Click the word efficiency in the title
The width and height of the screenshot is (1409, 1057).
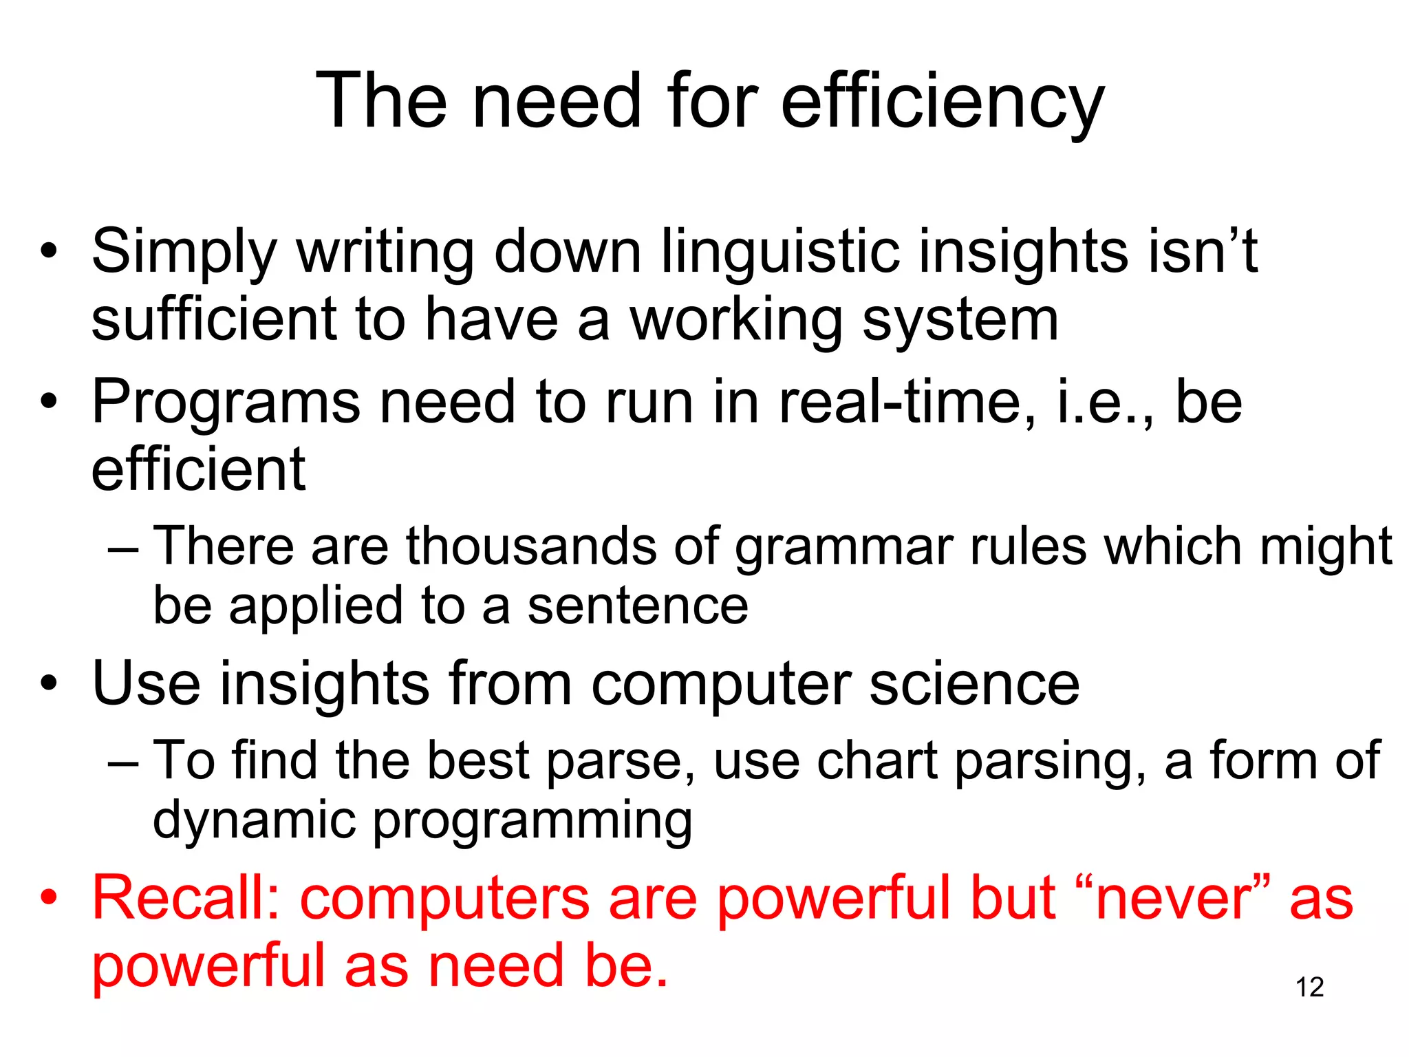click(942, 102)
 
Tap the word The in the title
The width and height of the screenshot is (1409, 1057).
click(381, 102)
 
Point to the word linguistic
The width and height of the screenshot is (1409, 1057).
click(780, 252)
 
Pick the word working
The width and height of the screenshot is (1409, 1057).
click(736, 321)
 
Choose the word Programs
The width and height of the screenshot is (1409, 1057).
click(226, 402)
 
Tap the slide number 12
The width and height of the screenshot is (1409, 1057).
click(1309, 987)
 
